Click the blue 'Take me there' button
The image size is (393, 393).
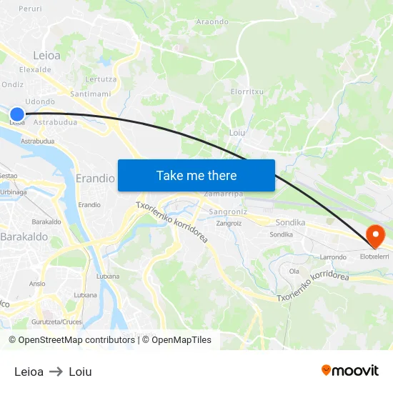(196, 175)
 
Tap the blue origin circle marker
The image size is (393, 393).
(17, 114)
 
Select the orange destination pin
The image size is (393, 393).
(374, 235)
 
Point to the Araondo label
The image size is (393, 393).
(212, 21)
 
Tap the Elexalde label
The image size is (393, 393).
(35, 69)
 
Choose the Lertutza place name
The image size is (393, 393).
(101, 79)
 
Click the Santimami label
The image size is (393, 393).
(91, 94)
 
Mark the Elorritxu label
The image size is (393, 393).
(248, 91)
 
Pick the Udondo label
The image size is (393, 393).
(40, 101)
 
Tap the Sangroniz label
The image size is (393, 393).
(228, 212)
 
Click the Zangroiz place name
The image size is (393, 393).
(229, 223)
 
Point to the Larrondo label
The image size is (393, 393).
(333, 257)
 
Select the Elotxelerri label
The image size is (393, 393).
(374, 256)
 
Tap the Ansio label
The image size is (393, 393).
(37, 283)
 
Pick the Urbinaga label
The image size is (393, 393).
(14, 191)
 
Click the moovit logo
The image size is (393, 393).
(349, 370)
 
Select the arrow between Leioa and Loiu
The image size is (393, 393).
(56, 372)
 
